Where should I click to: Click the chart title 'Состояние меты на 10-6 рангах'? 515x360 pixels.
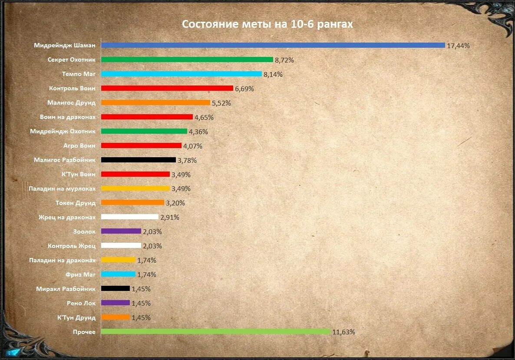tap(267, 24)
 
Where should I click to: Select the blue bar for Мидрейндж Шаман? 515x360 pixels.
tap(273, 45)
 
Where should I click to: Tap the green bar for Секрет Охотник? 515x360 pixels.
tap(187, 59)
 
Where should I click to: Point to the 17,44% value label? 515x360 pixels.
tap(459, 46)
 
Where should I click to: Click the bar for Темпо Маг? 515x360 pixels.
tap(181, 74)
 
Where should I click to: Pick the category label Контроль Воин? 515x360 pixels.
tap(72, 88)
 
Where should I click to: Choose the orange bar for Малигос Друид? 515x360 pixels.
tap(155, 102)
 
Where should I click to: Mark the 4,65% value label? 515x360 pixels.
tap(204, 117)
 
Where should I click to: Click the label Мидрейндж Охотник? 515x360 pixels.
tap(63, 131)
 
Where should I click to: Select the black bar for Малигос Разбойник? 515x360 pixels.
tap(138, 160)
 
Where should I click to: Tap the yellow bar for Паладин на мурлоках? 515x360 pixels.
tap(135, 188)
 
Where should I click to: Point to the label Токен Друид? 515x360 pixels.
tap(76, 203)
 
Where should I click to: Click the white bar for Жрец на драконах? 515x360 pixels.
tap(129, 217)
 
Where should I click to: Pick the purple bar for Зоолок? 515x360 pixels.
tap(121, 231)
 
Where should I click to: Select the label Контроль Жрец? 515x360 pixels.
tap(72, 246)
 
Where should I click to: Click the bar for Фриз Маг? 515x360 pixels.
tap(118, 274)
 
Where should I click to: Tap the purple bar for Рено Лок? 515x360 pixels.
tap(115, 303)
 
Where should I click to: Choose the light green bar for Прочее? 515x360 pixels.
tap(215, 331)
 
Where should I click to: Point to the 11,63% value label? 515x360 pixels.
tap(344, 332)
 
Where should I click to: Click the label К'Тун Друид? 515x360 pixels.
tap(76, 317)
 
